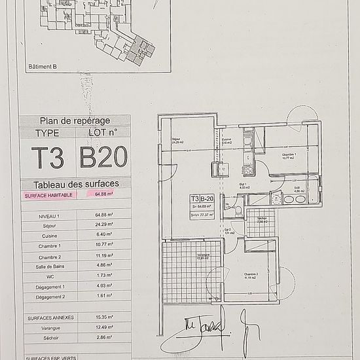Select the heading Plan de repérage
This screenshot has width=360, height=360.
click(x=75, y=120)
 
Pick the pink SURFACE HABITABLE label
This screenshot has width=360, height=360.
click(x=48, y=195)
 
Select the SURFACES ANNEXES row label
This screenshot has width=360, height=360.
click(x=48, y=317)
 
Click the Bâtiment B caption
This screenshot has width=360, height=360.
click(x=43, y=66)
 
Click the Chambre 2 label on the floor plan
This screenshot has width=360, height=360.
click(x=251, y=275)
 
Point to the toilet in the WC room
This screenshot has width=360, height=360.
click(x=238, y=210)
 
